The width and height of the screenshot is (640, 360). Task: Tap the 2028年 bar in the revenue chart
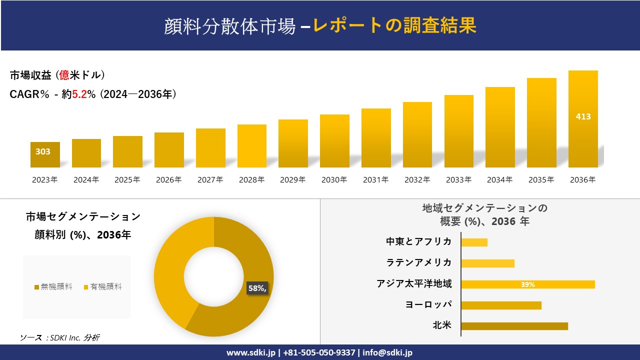252,146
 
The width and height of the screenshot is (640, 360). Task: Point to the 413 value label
583,116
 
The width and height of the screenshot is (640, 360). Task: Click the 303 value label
43,151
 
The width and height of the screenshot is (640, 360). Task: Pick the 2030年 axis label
334,180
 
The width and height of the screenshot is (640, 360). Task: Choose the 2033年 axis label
458,180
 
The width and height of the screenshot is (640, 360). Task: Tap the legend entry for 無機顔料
53,287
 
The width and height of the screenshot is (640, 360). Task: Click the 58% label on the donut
257,288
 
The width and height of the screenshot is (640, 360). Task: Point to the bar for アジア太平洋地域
527,284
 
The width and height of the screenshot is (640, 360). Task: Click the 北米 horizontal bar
514,326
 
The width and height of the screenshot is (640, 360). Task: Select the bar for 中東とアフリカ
474,242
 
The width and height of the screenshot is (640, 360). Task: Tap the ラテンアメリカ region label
418,262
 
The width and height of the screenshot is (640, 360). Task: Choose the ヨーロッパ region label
428,304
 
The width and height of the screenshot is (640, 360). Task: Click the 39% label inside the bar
527,284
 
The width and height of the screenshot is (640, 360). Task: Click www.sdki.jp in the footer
250,352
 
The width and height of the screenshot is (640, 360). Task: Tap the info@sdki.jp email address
387,352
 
